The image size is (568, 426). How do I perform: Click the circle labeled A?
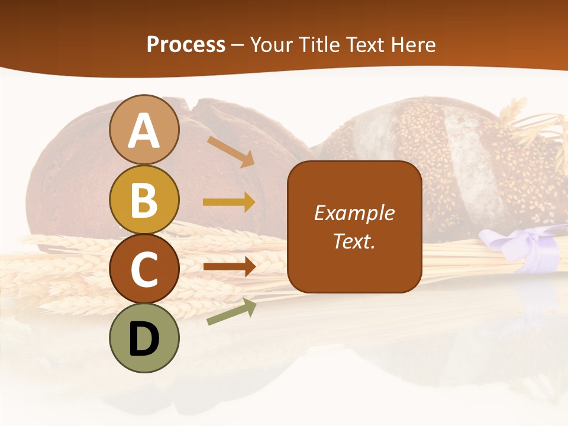tap(144, 130)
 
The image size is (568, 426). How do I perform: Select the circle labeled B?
tap(144, 199)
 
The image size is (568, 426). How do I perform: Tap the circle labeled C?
tap(144, 269)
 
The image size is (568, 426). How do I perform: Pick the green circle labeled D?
tap(144, 338)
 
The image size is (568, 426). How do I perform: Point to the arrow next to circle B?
tap(229, 202)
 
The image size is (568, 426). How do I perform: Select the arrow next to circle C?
tap(229, 267)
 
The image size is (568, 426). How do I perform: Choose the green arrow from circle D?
tap(231, 312)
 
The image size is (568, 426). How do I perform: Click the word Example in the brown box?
tap(354, 213)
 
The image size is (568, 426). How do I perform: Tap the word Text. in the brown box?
tap(354, 241)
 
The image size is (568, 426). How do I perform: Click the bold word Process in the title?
tap(186, 44)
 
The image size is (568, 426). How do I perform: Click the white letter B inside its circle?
tap(144, 199)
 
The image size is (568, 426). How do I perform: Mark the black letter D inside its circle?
tap(144, 339)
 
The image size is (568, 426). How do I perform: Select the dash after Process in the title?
tap(238, 46)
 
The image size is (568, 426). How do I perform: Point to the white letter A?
tap(144, 130)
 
